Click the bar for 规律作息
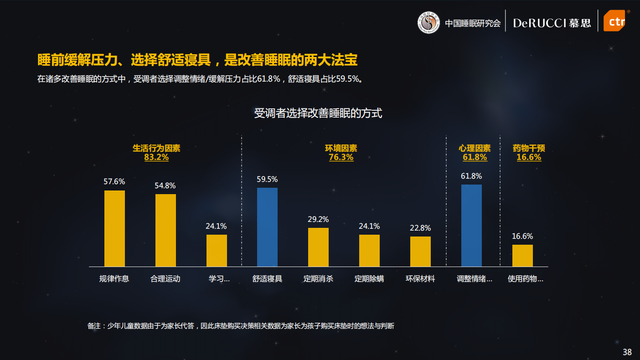coord(114,228)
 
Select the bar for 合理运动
coord(165,230)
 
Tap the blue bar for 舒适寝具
coord(267,227)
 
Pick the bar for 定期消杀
coord(318,247)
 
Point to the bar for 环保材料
coord(420,251)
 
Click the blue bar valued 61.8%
coord(471,226)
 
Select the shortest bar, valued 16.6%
coord(522,255)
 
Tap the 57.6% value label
coord(114,181)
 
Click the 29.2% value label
coord(318,219)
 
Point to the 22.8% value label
coord(420,228)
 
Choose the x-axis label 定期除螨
coord(369,278)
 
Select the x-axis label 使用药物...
coord(525,278)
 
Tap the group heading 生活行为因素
coord(156,148)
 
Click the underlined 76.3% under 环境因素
coord(341,157)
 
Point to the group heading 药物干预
coord(529,148)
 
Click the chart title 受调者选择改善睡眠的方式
coord(318,113)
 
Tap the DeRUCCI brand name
coord(540,23)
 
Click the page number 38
coord(627,352)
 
